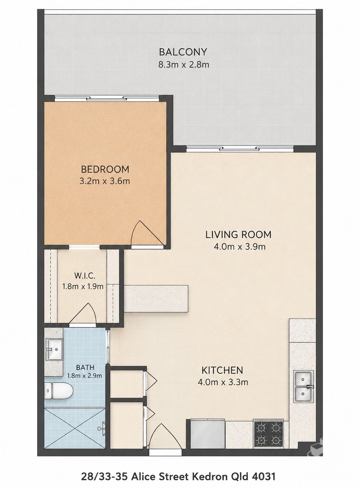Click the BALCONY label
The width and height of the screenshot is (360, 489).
[x=183, y=52]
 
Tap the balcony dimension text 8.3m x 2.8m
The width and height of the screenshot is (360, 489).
[x=184, y=65]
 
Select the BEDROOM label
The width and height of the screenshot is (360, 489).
[x=105, y=169]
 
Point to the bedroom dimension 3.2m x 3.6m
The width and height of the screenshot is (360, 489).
[x=105, y=181]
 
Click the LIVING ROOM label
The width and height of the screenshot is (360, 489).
[x=239, y=234]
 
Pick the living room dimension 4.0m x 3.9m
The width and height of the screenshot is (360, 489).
[x=240, y=247]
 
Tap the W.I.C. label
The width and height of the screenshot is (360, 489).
[x=85, y=276]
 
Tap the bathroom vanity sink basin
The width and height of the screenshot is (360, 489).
[x=54, y=350]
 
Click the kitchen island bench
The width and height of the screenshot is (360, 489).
[x=156, y=298]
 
